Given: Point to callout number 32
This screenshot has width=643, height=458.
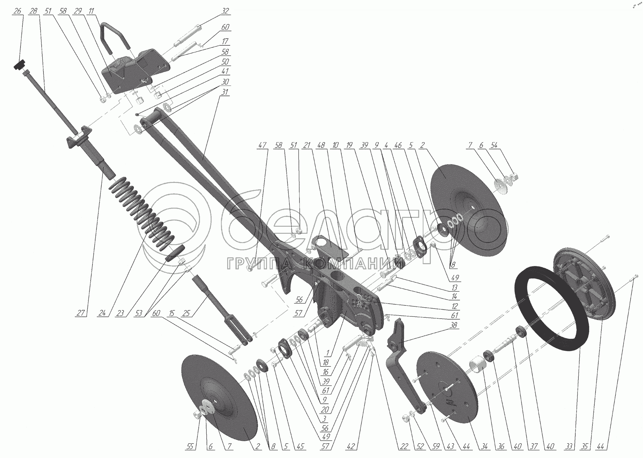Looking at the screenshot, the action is [225, 11].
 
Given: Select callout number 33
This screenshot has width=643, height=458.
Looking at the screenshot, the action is [569, 447].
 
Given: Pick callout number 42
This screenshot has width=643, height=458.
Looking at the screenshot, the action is [351, 447].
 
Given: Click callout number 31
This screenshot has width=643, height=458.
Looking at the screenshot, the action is [225, 92].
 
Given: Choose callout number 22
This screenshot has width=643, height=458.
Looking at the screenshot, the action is [404, 447].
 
